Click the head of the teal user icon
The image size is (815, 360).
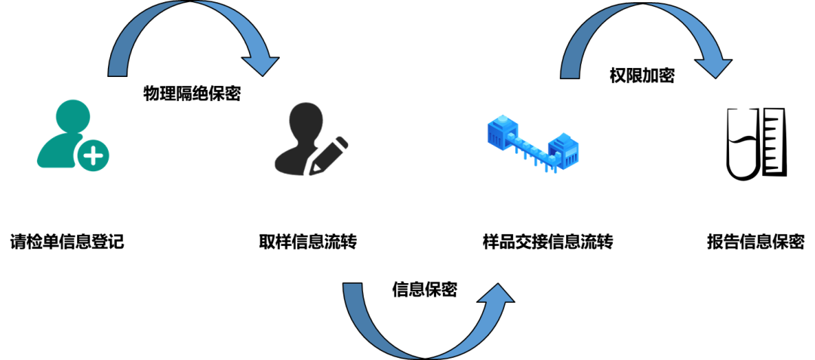point(73,115)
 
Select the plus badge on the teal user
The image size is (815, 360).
point(93,156)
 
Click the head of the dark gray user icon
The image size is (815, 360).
point(306,119)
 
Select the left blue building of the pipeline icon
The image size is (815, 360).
point(503,132)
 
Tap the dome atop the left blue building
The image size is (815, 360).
point(502,120)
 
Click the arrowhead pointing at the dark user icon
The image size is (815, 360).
point(260,65)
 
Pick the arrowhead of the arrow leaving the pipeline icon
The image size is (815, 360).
point(713,67)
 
